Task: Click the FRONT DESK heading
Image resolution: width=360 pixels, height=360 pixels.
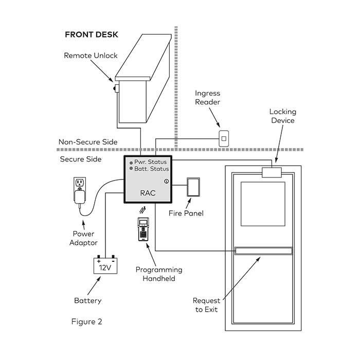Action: tap(92, 34)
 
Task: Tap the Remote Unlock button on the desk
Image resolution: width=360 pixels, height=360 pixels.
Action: tap(116, 88)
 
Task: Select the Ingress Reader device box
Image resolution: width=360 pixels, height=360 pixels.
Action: tap(224, 138)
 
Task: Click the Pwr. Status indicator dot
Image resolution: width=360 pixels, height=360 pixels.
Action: tap(131, 163)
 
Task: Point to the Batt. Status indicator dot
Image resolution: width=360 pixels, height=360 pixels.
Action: tap(131, 169)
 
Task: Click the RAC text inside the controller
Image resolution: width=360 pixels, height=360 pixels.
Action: tap(148, 193)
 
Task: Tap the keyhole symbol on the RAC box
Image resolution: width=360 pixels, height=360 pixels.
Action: tap(167, 182)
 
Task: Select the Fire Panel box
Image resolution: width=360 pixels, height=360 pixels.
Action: tap(193, 187)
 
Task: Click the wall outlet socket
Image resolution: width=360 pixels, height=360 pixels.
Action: tap(80, 183)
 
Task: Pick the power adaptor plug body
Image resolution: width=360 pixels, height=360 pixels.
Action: tap(80, 197)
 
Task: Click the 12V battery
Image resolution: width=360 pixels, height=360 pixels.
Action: tap(105, 265)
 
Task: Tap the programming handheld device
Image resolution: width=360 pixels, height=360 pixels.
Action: tap(143, 229)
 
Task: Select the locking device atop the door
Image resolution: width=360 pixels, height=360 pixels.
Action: tap(272, 172)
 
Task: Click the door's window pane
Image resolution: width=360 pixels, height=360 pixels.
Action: tap(263, 204)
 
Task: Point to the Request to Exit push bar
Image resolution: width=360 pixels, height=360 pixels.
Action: tap(263, 251)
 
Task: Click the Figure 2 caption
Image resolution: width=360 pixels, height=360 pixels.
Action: tap(86, 321)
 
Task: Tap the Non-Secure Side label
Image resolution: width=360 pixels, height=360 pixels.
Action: tap(88, 142)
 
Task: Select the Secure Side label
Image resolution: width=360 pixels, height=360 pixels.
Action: tap(81, 159)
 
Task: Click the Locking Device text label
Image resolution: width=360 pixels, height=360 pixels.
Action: tap(283, 116)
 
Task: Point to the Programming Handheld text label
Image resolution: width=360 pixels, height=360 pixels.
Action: tap(159, 274)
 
